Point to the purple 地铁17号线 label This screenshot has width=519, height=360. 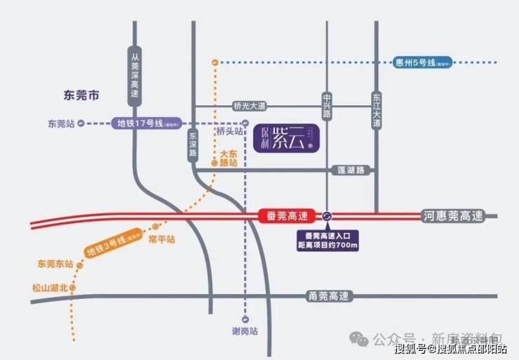pyautogui.click(x=144, y=124)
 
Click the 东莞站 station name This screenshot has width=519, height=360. pyautogui.click(x=61, y=124)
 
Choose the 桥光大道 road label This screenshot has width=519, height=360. pyautogui.click(x=250, y=106)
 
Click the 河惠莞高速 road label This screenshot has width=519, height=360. pyautogui.click(x=453, y=216)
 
